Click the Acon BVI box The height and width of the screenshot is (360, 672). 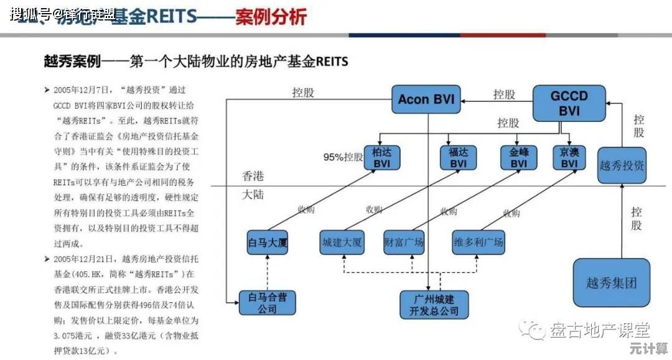point(426,99)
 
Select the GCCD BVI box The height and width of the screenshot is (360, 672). point(569,103)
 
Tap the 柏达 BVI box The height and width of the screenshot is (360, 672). point(381,157)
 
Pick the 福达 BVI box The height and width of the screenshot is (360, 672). point(458,157)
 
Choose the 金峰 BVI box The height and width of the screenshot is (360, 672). point(518,157)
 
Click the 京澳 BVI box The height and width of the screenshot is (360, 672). point(569,157)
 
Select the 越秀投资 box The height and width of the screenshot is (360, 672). point(622,165)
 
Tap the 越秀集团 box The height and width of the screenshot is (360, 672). point(612,283)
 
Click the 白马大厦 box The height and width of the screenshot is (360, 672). point(268,242)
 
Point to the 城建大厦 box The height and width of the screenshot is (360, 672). point(342,242)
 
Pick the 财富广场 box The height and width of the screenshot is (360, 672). point(404,242)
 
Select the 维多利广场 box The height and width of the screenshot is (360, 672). point(478,242)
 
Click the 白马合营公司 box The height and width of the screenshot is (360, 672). point(268,303)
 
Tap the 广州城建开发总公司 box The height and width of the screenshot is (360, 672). point(429,304)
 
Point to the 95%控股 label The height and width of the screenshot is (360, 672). point(343,157)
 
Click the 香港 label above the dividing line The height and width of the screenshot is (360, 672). point(253,177)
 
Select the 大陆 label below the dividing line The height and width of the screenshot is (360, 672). point(253,195)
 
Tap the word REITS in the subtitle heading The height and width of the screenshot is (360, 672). point(332,62)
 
